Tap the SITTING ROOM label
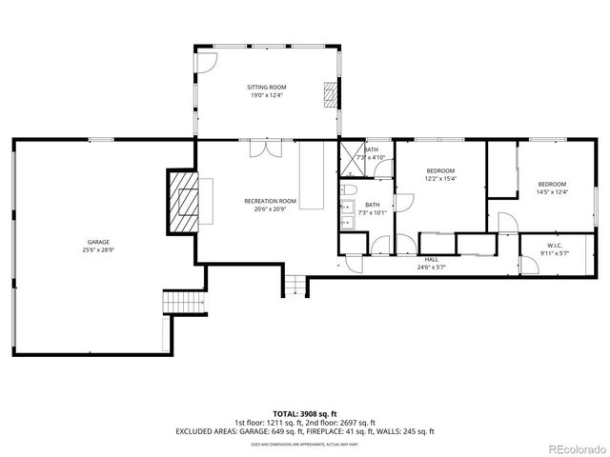click(267, 87)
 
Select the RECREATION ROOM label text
click(270, 201)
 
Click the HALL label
click(431, 260)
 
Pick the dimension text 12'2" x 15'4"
click(440, 178)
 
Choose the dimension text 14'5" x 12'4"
click(552, 192)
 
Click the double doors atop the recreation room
click(259, 149)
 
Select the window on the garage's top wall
click(101, 140)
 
